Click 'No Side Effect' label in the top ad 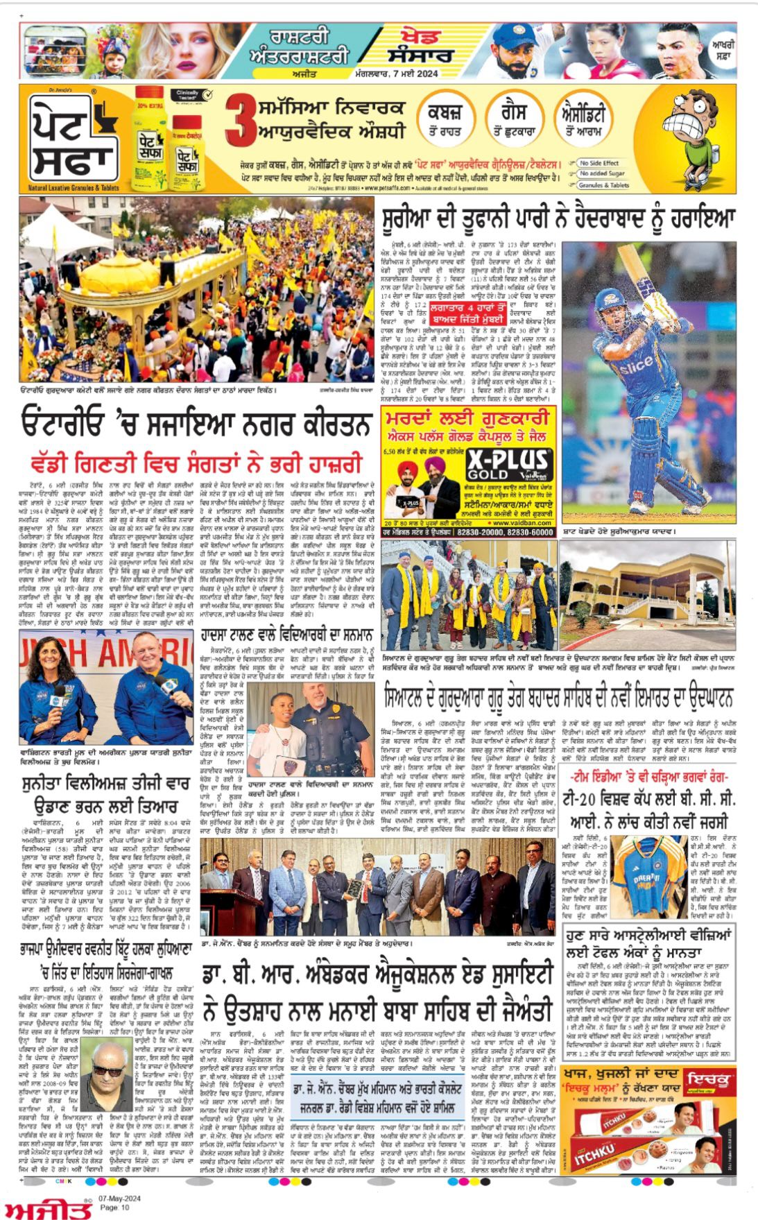pos(598,163)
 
